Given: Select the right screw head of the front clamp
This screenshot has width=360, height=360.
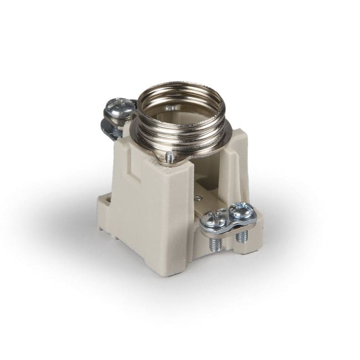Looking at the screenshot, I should [x=242, y=210].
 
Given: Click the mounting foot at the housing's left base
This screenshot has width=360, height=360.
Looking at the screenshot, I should [x=104, y=208].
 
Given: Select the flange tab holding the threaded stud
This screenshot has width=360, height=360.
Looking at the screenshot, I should [x=166, y=161].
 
